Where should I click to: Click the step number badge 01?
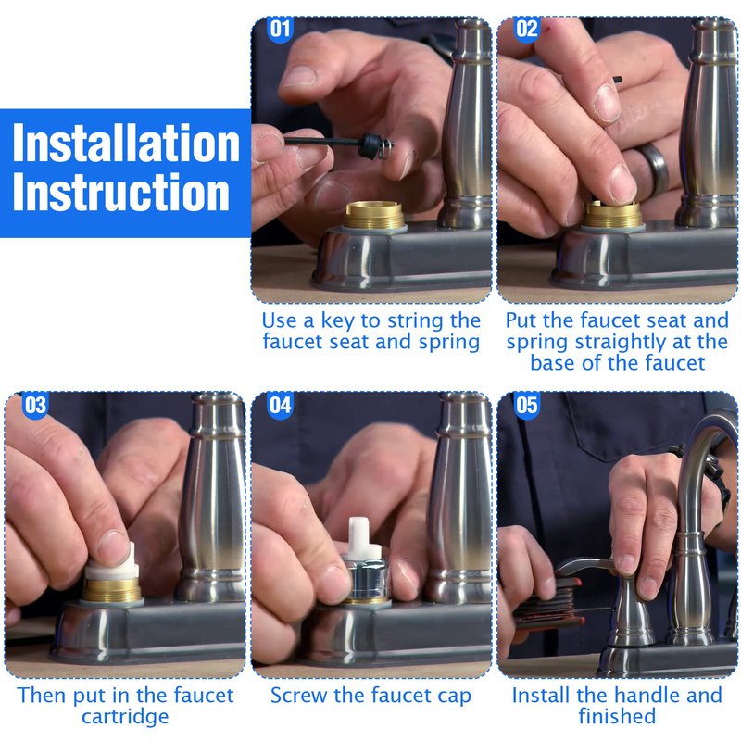click(280, 29)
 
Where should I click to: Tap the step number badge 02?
click(526, 29)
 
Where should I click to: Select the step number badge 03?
click(34, 405)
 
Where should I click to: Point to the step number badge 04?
click(281, 405)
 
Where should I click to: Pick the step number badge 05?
click(526, 405)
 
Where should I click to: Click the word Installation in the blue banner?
click(126, 144)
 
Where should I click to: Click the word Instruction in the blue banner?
click(121, 192)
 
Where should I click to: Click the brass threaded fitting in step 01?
click(373, 215)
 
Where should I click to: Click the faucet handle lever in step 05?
click(586, 565)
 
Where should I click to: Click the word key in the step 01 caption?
click(337, 321)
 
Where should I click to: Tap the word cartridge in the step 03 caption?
click(125, 717)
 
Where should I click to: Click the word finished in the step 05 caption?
click(617, 715)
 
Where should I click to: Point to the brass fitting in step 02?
click(613, 215)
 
